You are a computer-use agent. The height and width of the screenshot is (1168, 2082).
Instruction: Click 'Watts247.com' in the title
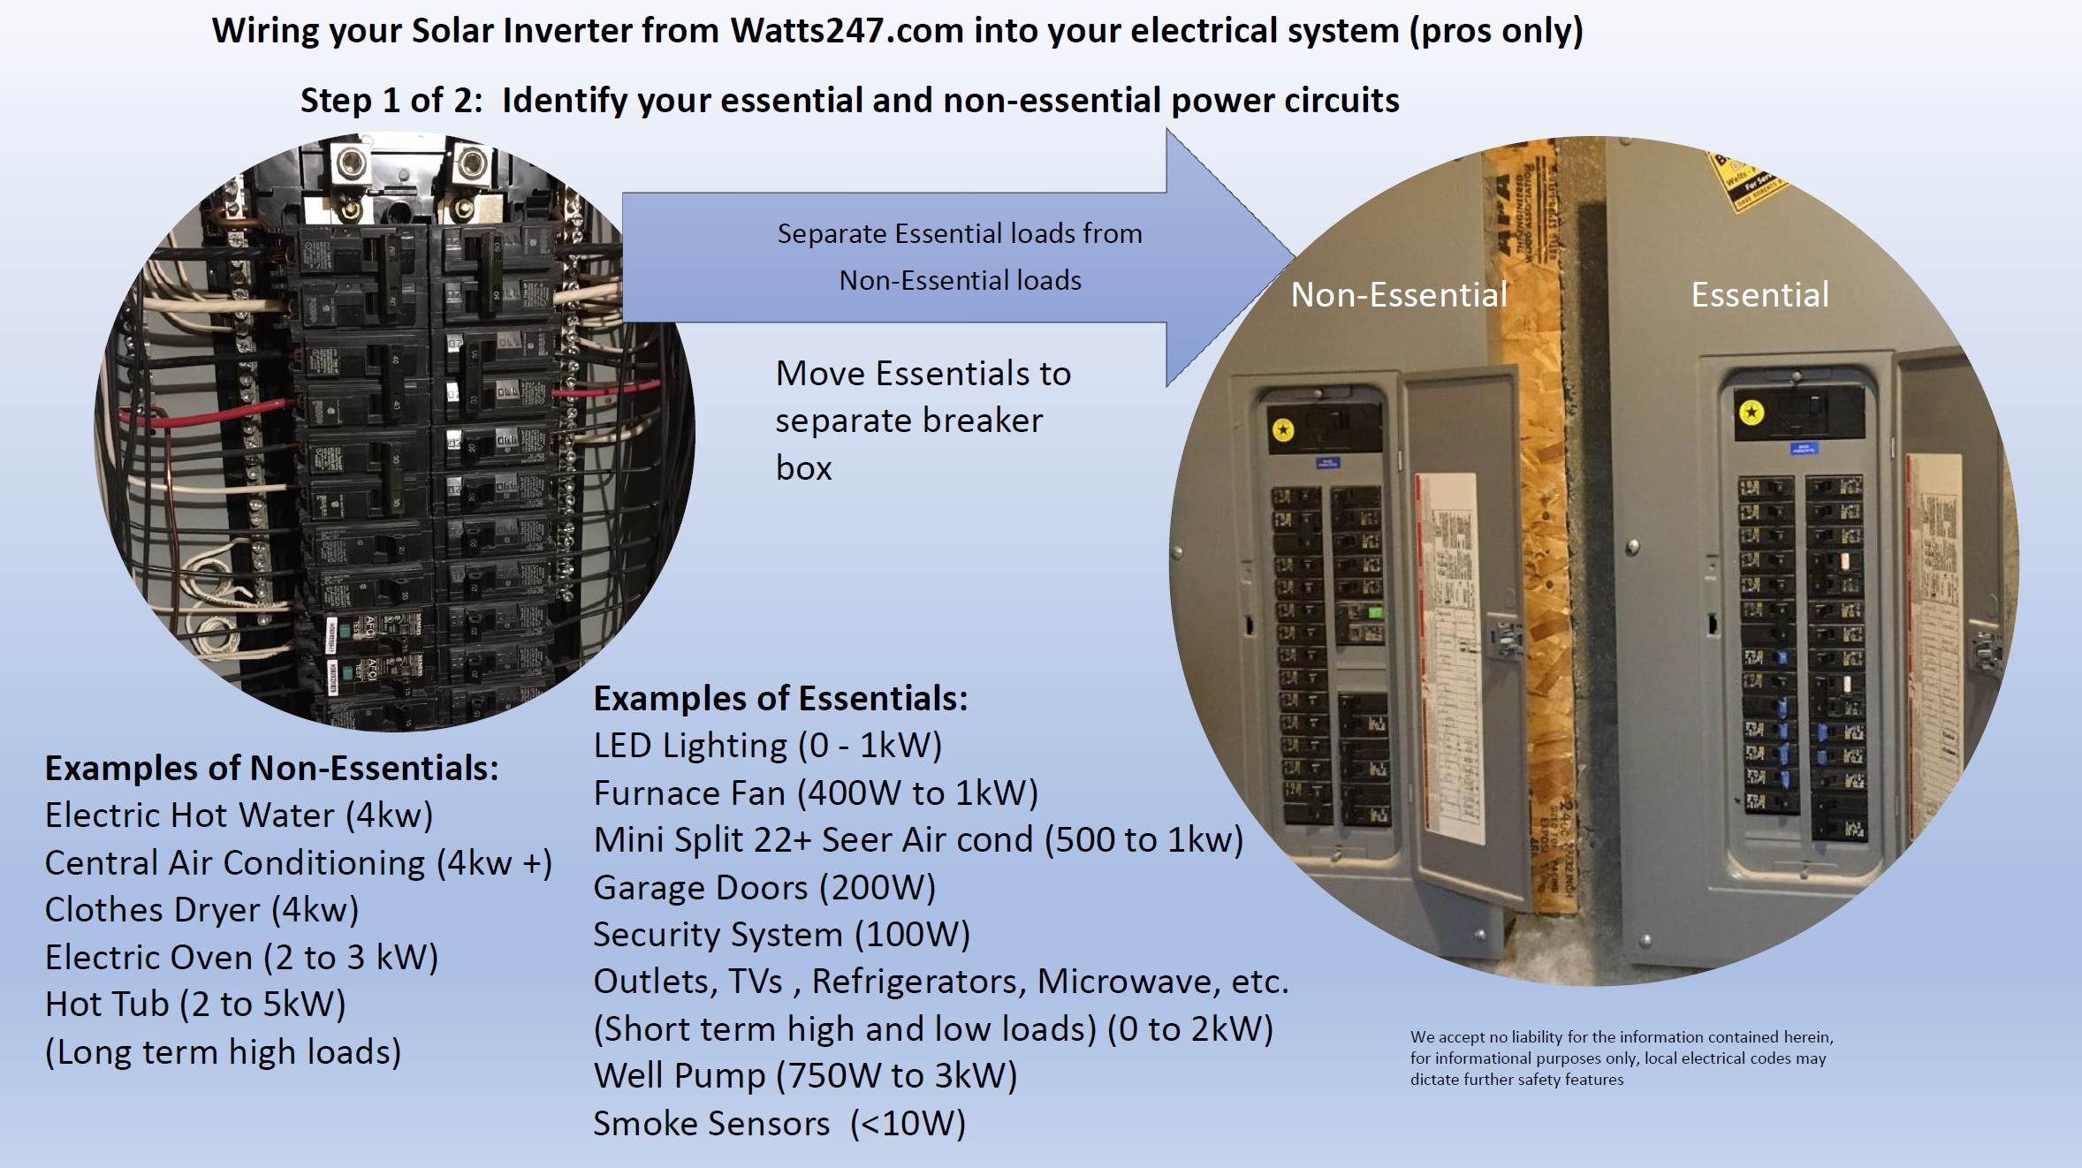[846, 31]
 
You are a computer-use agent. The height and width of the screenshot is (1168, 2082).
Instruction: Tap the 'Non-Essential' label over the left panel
[1398, 295]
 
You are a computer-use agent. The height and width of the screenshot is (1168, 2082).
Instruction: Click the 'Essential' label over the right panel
[1759, 295]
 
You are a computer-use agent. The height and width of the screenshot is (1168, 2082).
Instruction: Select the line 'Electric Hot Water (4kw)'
[239, 815]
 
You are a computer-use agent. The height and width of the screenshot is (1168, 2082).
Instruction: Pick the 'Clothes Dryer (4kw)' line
[201, 910]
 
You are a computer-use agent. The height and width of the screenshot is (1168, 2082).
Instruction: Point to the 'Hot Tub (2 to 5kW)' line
[195, 1005]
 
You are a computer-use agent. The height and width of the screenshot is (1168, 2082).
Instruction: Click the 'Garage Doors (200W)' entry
[764, 888]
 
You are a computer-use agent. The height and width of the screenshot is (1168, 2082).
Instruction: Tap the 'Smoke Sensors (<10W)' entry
[779, 1124]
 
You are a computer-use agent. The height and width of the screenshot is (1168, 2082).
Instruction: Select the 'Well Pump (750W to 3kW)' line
[805, 1076]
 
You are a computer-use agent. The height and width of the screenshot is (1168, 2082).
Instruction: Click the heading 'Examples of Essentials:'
[780, 699]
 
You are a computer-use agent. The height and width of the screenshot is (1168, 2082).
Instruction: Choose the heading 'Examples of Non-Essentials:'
[271, 769]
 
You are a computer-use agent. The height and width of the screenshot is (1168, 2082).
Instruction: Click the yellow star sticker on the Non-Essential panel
[1283, 430]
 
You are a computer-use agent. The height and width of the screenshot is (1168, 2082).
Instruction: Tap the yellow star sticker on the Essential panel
[1751, 413]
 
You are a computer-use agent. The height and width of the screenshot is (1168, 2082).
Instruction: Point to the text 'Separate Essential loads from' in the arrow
[959, 234]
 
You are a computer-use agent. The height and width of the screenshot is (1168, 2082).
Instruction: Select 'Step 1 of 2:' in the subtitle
[391, 101]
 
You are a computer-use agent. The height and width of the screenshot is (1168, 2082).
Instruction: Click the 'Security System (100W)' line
[781, 935]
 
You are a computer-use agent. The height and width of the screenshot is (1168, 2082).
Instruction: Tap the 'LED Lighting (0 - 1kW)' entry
[767, 746]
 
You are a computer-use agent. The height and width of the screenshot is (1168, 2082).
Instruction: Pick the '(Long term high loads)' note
[223, 1052]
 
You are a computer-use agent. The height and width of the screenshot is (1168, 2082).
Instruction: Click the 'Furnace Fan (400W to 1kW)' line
[815, 793]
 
